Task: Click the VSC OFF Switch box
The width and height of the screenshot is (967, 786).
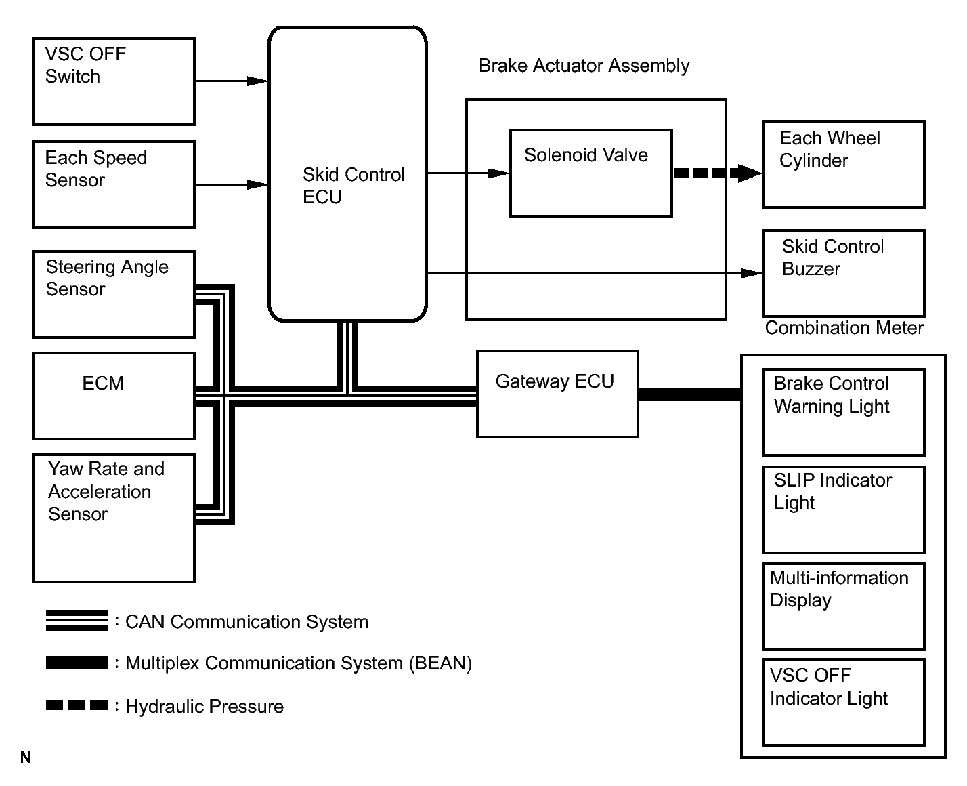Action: click(x=114, y=81)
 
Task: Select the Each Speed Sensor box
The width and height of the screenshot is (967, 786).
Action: click(x=114, y=184)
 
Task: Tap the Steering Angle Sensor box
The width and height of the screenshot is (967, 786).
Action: click(x=114, y=294)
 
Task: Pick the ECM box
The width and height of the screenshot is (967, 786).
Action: click(x=114, y=396)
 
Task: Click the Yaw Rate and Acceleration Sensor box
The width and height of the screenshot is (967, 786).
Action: click(x=114, y=518)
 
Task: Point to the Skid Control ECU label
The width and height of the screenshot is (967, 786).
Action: click(x=353, y=186)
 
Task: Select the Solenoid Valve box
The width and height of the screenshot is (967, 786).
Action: click(x=590, y=173)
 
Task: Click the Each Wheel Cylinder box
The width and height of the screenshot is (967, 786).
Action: click(x=843, y=164)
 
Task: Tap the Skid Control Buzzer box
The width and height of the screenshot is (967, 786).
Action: click(x=843, y=273)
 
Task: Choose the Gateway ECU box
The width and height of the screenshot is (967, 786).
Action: click(x=557, y=394)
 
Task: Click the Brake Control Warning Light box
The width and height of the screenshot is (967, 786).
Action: click(x=843, y=412)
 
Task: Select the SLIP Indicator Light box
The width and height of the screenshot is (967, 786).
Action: click(x=843, y=510)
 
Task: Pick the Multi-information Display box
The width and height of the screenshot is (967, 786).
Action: click(x=843, y=606)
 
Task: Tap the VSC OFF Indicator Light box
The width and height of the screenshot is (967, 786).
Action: click(x=843, y=702)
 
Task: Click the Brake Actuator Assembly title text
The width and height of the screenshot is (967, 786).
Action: click(x=584, y=66)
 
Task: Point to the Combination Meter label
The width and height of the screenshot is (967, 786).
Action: click(x=844, y=328)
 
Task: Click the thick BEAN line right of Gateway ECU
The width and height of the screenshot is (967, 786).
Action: click(x=689, y=394)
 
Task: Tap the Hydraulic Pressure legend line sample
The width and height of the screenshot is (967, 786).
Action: click(x=77, y=705)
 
